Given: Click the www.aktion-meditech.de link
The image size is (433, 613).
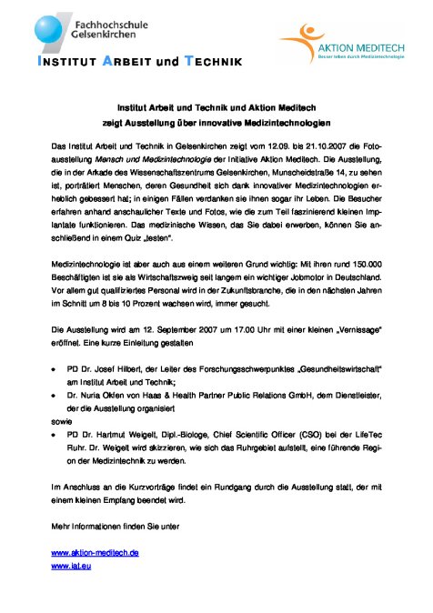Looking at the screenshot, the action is click(95, 552).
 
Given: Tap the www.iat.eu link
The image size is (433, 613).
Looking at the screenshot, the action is click(71, 566).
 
